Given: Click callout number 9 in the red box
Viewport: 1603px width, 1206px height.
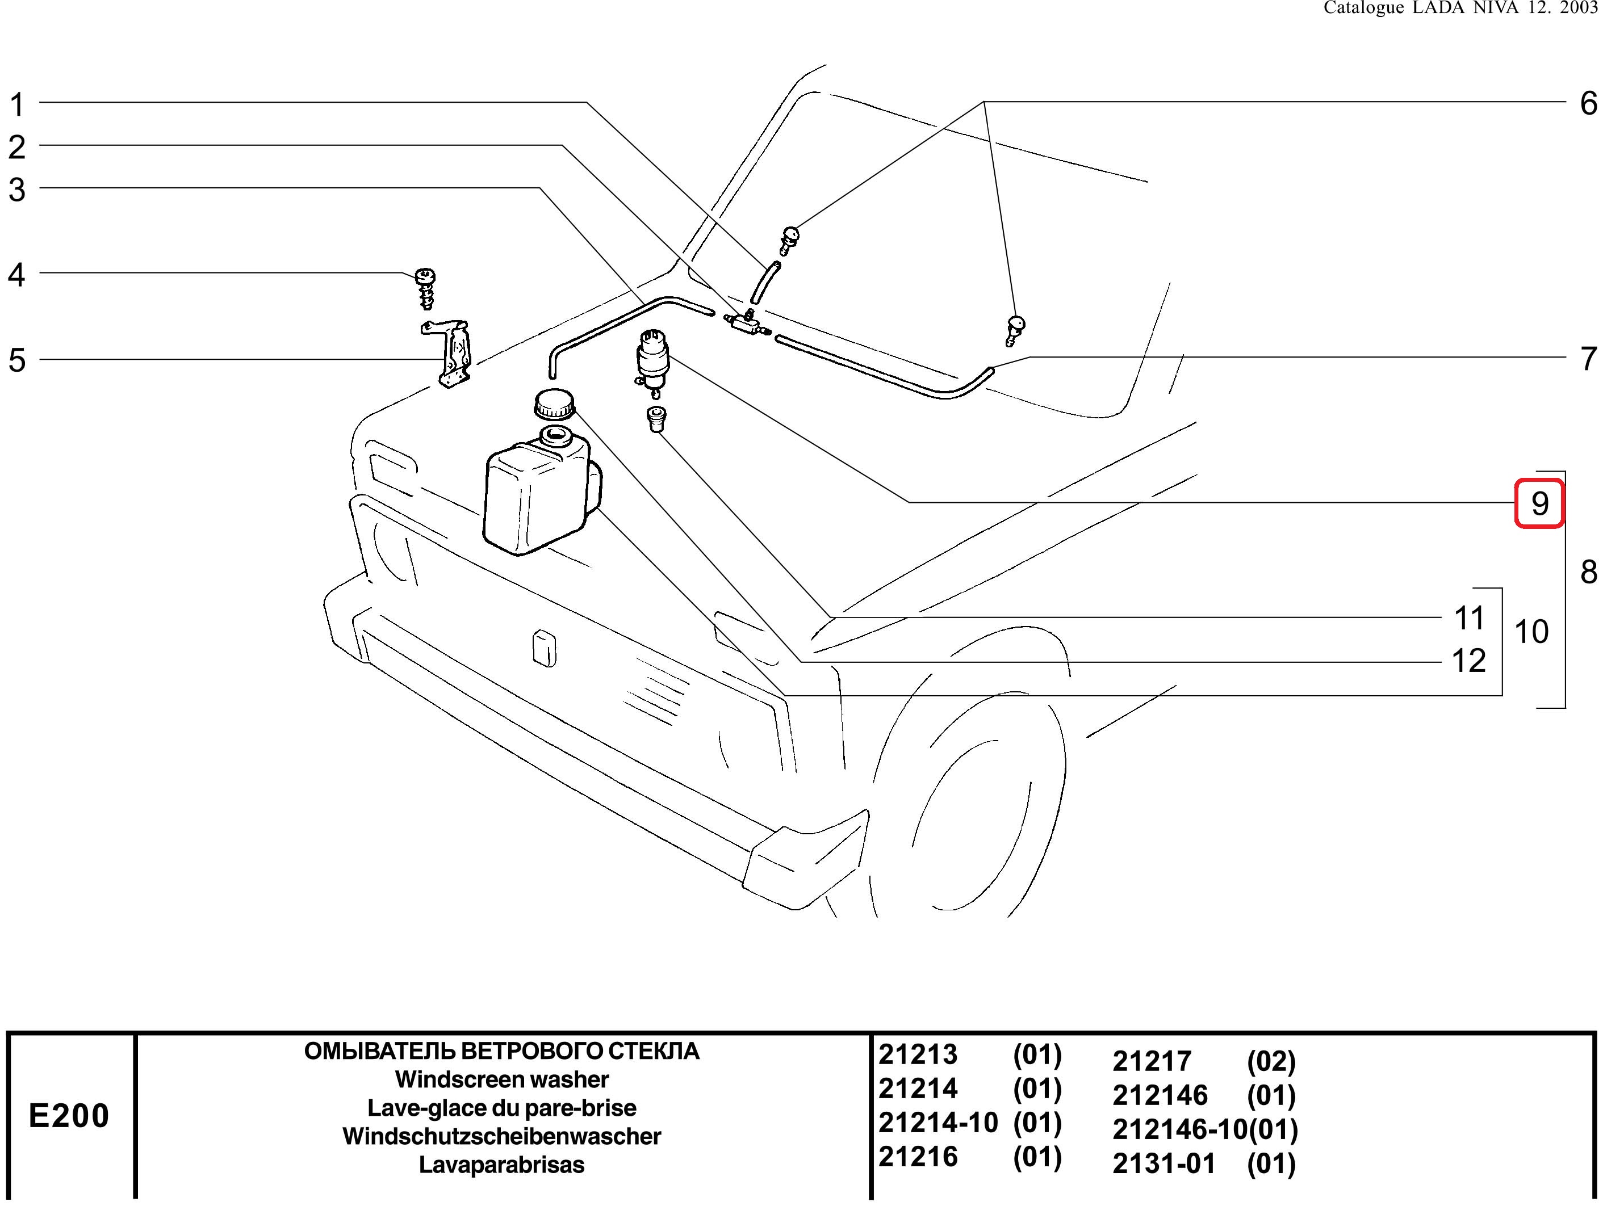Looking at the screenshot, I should (1540, 503).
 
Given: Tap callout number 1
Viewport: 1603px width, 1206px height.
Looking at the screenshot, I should (16, 105).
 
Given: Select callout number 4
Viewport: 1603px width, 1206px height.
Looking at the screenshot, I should (16, 275).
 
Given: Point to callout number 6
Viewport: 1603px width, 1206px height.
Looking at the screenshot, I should (1588, 104).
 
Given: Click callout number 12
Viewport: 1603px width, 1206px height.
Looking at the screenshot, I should (1469, 661).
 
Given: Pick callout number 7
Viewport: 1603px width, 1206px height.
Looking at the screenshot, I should (1588, 359).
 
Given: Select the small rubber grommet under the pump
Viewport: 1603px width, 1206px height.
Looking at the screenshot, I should (656, 419).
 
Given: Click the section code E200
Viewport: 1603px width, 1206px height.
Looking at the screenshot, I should (69, 1115).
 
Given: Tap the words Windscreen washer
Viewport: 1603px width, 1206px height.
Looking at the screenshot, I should (501, 1079).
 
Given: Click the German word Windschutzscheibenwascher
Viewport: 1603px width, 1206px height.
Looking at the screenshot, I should (501, 1136).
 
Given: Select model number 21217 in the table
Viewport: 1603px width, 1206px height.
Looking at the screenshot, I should (1152, 1061).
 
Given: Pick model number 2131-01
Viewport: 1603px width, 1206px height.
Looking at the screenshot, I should (1163, 1164).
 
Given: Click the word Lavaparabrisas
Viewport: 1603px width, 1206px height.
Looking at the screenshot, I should (501, 1165).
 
